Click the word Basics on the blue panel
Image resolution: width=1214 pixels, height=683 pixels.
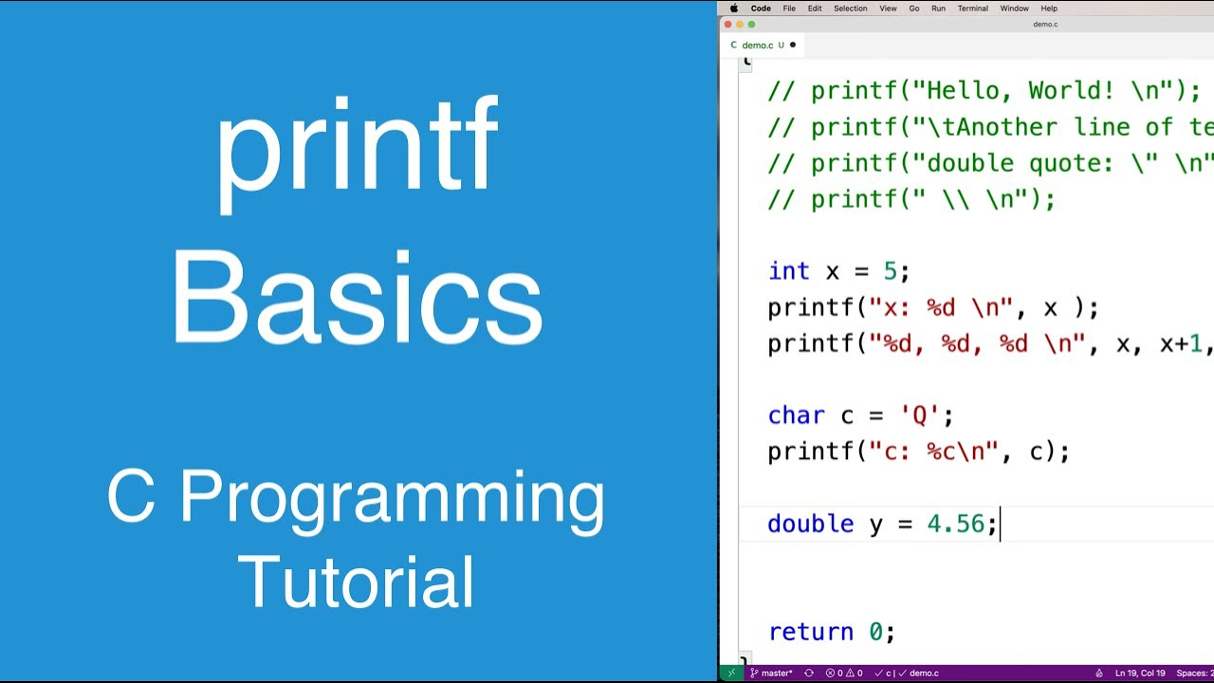coord(357,299)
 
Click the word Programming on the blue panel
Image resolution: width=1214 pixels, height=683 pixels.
coord(391,498)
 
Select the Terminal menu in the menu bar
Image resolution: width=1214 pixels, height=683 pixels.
coord(972,9)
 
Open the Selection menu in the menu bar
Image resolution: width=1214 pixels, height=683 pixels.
coord(850,9)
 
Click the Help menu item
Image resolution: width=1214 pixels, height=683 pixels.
coord(1049,9)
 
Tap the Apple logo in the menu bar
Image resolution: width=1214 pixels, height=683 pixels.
coord(733,9)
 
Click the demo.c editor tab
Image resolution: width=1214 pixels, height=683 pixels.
coord(757,45)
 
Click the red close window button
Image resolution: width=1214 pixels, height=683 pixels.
coord(728,25)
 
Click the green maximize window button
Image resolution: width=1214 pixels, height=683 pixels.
coord(752,25)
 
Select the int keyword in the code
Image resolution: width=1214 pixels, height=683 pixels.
coord(789,271)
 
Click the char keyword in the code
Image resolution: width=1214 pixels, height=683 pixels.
coord(796,415)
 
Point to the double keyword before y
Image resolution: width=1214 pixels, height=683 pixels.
coord(811,524)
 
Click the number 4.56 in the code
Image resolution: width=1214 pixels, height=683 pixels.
coord(955,524)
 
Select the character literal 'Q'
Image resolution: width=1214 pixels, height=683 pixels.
coord(920,415)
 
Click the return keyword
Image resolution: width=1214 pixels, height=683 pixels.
coord(811,632)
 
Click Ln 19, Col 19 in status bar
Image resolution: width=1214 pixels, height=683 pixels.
coord(1140,674)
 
